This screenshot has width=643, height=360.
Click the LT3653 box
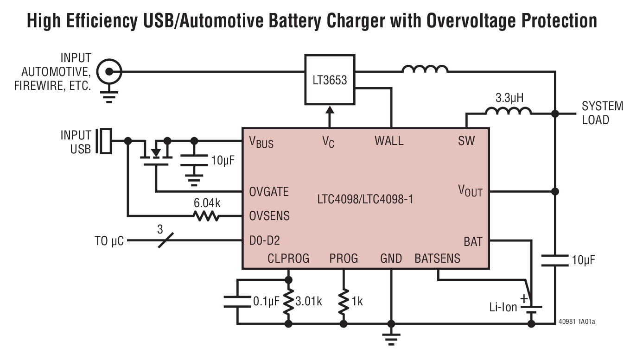tap(330, 80)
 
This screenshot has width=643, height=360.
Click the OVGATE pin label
tap(269, 192)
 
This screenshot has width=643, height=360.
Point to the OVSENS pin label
tap(269, 216)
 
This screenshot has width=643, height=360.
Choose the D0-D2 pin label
tap(264, 240)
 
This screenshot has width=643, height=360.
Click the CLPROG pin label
tap(288, 259)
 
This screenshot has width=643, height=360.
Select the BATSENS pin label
tap(437, 259)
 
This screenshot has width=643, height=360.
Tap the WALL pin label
tap(389, 141)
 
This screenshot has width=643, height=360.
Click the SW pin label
tap(466, 141)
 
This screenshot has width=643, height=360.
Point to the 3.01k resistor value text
tap(308, 302)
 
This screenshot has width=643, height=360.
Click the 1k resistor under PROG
tap(344, 301)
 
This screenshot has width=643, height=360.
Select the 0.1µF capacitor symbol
tap(237, 302)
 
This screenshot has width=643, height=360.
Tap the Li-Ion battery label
tap(503, 307)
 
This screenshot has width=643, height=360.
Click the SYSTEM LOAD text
tap(602, 113)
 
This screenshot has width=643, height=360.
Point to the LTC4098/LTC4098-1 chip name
tap(365, 200)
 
